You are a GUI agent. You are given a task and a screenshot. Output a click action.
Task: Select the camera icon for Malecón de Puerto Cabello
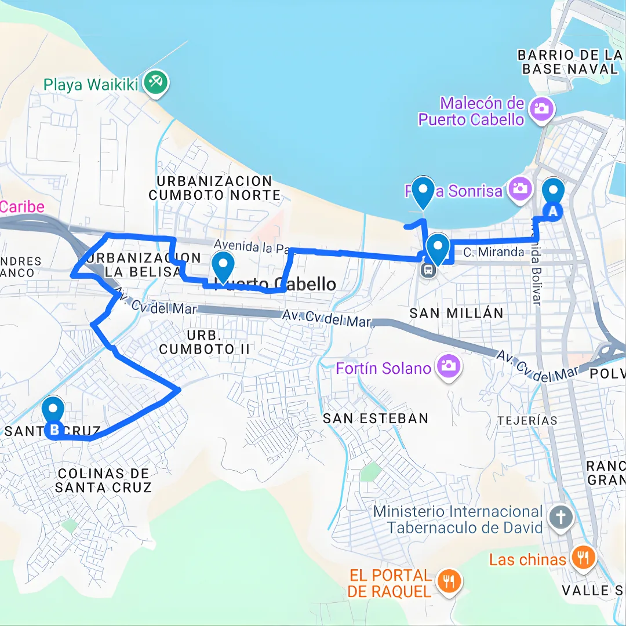(542, 108)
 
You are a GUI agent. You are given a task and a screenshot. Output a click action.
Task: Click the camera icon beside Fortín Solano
(447, 365)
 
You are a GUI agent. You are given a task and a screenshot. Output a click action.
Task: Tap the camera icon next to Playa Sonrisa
(520, 188)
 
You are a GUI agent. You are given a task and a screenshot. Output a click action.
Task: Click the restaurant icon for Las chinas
(583, 558)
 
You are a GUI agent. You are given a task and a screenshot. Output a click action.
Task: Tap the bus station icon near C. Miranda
(428, 270)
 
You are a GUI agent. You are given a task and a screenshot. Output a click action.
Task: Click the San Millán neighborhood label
(456, 314)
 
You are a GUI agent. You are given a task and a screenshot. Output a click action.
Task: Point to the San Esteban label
(376, 418)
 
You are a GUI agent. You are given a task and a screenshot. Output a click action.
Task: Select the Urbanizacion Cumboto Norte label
(214, 188)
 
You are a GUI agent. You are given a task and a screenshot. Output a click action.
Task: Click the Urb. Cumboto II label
(204, 343)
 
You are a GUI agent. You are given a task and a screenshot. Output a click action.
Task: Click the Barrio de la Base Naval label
(569, 62)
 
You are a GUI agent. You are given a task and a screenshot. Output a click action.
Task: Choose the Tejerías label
(527, 421)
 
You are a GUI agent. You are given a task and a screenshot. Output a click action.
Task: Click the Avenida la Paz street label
(250, 247)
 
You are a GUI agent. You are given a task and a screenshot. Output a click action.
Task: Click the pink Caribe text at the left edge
(22, 207)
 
